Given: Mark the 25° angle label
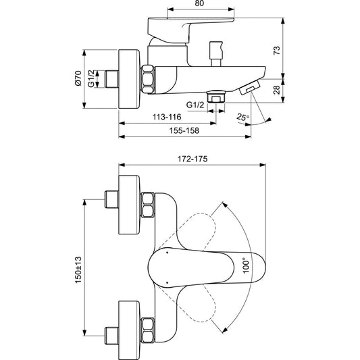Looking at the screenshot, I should [x=244, y=117].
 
